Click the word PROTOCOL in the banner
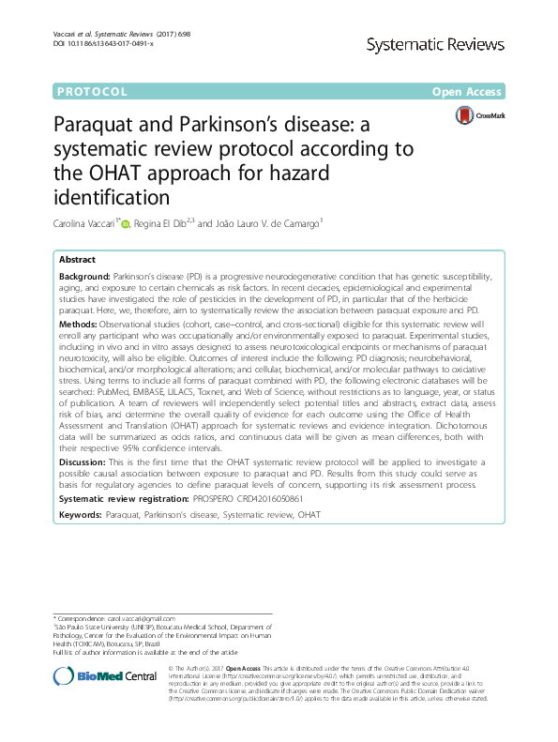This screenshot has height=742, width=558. click(x=92, y=92)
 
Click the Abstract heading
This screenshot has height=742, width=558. click(x=77, y=260)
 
